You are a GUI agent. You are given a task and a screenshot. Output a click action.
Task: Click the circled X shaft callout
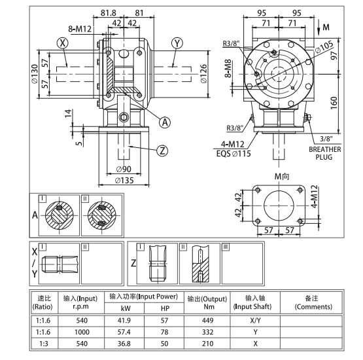(x=63, y=43)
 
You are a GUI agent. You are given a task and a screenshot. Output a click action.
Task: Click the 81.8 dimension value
(x=109, y=12)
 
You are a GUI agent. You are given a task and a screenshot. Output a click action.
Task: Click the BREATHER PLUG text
(x=325, y=153)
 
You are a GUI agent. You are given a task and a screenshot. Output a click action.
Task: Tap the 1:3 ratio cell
(x=44, y=343)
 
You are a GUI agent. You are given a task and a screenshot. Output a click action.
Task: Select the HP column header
(x=164, y=308)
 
